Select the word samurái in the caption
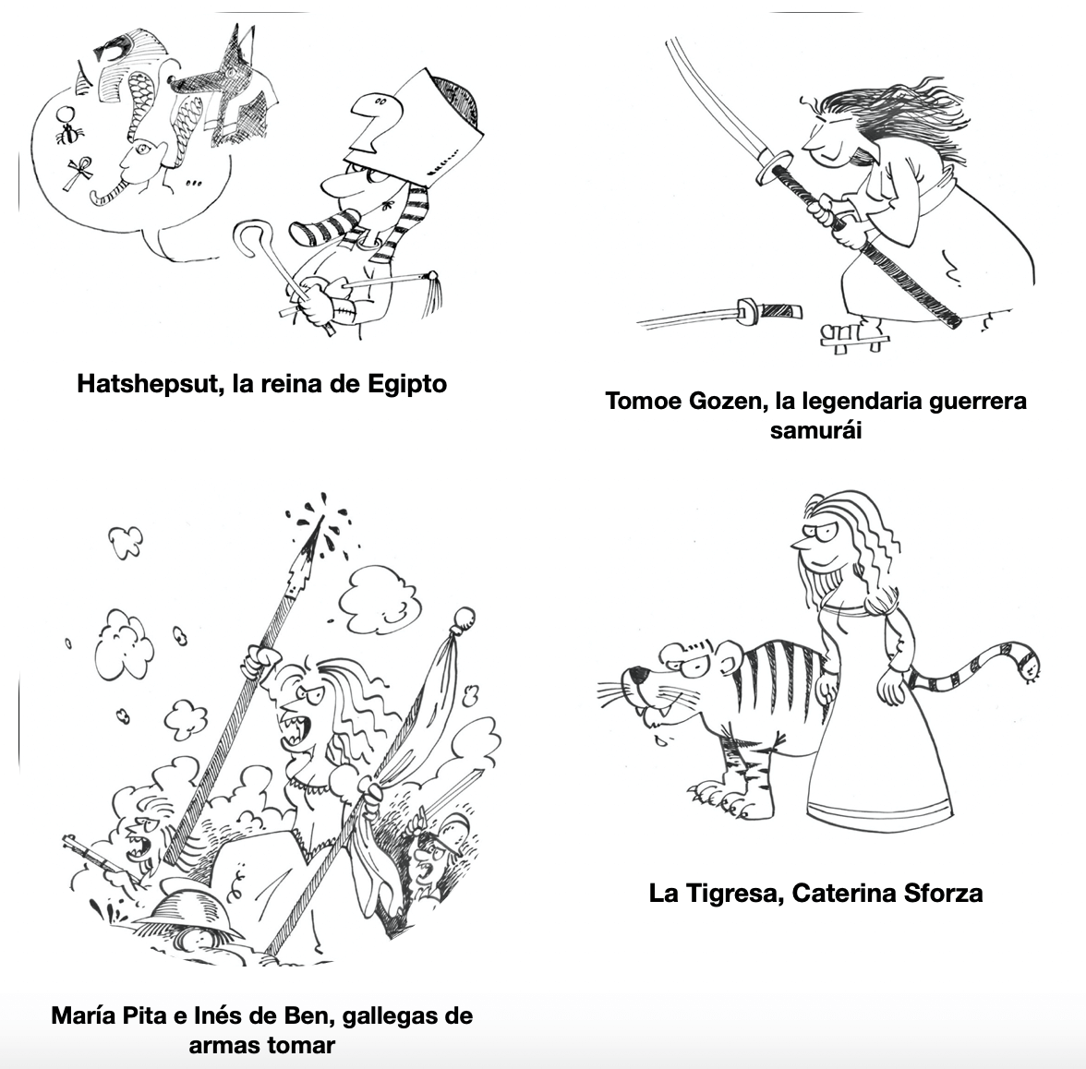click(x=815, y=430)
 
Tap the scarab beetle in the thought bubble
click(x=69, y=135)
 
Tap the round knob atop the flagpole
click(x=464, y=617)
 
